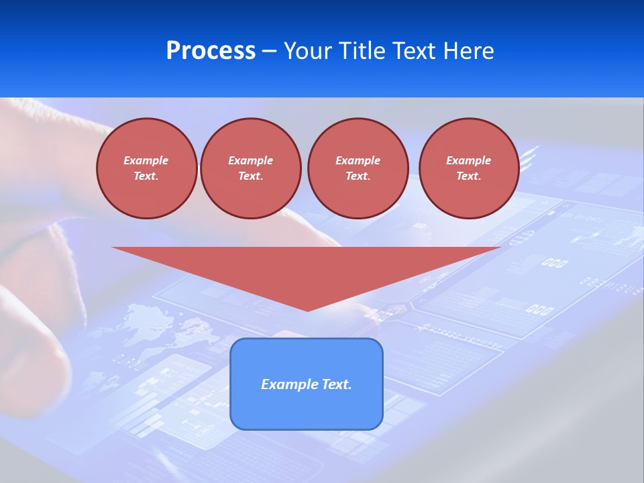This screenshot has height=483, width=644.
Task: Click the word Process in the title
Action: [x=211, y=51]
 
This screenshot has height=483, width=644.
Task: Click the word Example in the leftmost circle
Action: [x=146, y=160]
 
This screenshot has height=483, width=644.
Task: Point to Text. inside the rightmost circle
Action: [x=469, y=176]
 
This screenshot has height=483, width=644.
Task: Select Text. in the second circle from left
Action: [x=251, y=176]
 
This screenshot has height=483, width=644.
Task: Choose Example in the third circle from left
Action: [x=358, y=160]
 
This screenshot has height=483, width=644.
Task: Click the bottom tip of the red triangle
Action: [x=307, y=309]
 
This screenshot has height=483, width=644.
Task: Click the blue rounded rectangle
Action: [x=307, y=409]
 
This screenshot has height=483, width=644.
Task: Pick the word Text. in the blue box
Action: [x=337, y=384]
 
